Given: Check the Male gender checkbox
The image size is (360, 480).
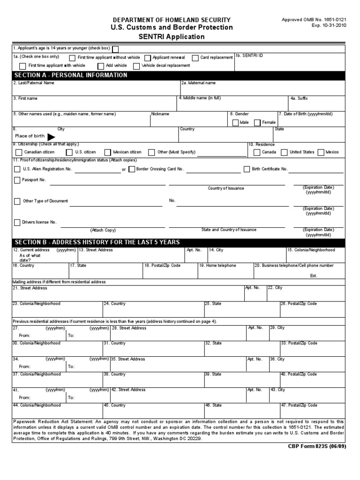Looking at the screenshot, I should coord(235,123).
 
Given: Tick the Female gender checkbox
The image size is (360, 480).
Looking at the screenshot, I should coord(257,123).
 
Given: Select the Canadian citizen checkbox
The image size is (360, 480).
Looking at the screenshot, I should coord(18,152).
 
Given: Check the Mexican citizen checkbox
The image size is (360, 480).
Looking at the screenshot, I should coord(108,152).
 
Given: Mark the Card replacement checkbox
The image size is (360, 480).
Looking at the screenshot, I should coord(195,58).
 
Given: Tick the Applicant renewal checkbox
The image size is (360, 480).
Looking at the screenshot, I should coord(148,58).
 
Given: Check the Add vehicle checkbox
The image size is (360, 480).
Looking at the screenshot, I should coord(101,66).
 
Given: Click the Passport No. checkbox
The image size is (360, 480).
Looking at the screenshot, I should coord(17,180).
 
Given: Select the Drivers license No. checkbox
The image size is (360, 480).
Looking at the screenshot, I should coord(17,222).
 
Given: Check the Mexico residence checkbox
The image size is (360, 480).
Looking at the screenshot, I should coord(321,152).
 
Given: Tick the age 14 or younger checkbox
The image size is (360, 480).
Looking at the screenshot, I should coord(115,49).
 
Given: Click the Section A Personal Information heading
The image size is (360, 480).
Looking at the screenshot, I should coord(71,75).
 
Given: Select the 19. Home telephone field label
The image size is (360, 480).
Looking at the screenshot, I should coord(218,265).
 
